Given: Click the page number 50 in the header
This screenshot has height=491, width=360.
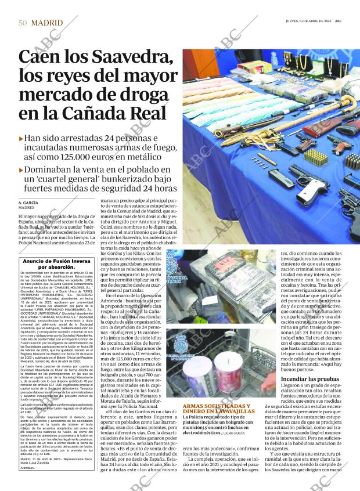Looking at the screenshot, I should pyautogui.click(x=22, y=24).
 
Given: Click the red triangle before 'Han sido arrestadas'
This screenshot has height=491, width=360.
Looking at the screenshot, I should pyautogui.click(x=21, y=139).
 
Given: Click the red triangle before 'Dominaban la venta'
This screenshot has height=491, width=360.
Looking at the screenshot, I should pyautogui.click(x=21, y=170).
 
